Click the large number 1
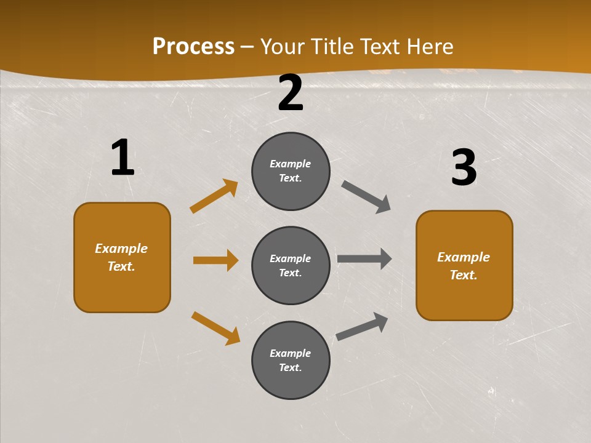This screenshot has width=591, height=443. pos(123,158)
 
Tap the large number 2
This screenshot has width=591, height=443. pos(291,94)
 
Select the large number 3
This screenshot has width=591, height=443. pos(464,167)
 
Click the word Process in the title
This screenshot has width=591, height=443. pos(193,46)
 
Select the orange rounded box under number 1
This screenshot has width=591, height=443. pos(122,257)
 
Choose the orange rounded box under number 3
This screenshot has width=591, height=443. pos(464,266)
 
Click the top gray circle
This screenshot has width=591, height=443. pos(291,171)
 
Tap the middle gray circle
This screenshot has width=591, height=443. pos(291,266)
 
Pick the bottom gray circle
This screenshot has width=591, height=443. pos(291,361)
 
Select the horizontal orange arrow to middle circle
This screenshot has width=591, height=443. pos(215,260)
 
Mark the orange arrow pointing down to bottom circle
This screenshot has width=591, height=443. pos(215,328)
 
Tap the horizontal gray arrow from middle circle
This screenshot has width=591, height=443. pos(364,259)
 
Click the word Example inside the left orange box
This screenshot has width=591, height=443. pos(121,249)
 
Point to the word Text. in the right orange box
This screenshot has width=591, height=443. pos(464,275)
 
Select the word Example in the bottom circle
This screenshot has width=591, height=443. pos(291,353)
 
